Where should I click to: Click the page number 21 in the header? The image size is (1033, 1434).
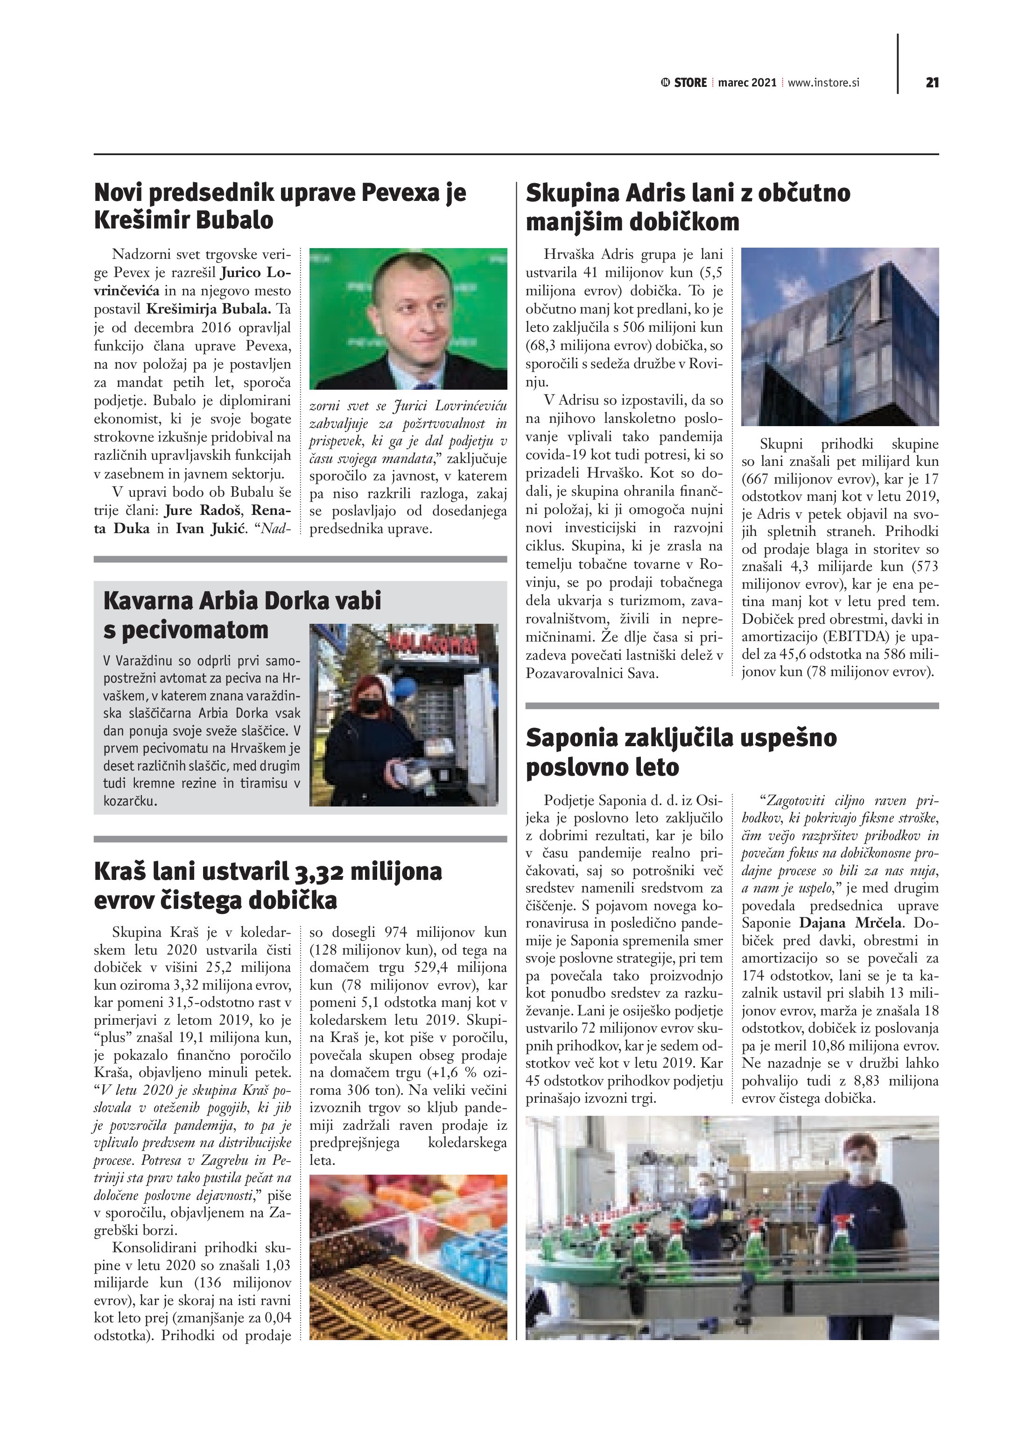(x=931, y=82)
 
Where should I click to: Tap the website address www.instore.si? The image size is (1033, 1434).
(x=823, y=82)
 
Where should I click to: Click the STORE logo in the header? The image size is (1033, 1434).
(x=684, y=82)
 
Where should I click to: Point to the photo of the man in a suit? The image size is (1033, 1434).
(x=408, y=318)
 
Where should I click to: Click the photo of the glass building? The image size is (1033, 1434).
(x=840, y=336)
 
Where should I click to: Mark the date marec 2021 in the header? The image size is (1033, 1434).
(x=747, y=82)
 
